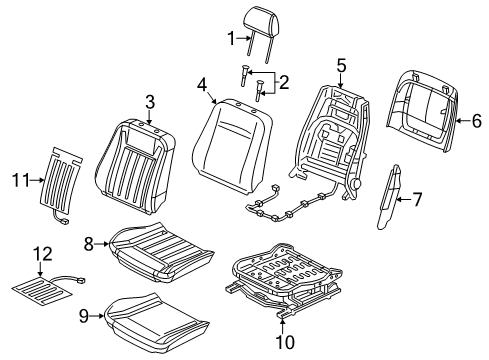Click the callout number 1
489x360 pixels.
pos(230,40)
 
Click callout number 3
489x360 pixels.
pos(149,100)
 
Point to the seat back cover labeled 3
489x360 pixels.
pos(140,155)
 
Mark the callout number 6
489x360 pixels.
pos(476,122)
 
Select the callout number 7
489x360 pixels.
pos(417,200)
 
